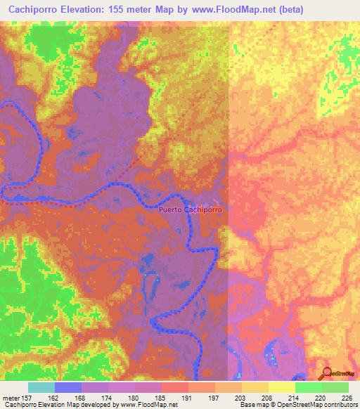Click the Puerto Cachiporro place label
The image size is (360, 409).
coord(191,209)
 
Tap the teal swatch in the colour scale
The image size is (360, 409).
coord(41,387)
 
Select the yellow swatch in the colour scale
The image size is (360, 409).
coord(281,387)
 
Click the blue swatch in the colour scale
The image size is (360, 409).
coord(68,387)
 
